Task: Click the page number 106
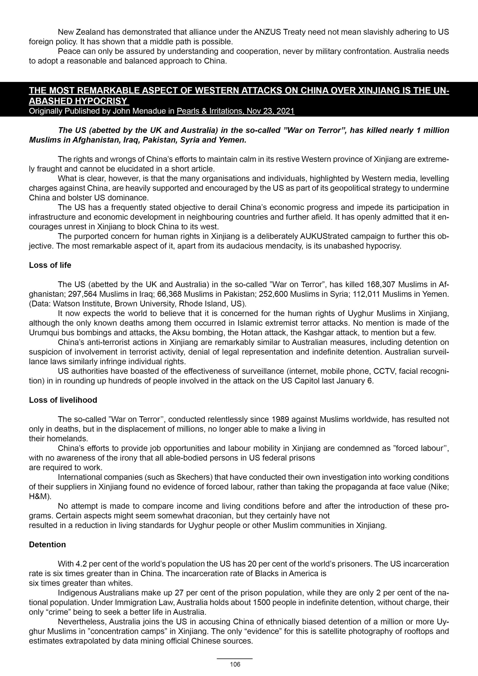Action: [x=235, y=664]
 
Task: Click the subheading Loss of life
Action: [x=50, y=265]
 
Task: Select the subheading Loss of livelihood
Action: [x=63, y=400]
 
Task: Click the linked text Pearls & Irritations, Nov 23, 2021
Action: [x=235, y=111]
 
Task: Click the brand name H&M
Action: [x=39, y=496]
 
